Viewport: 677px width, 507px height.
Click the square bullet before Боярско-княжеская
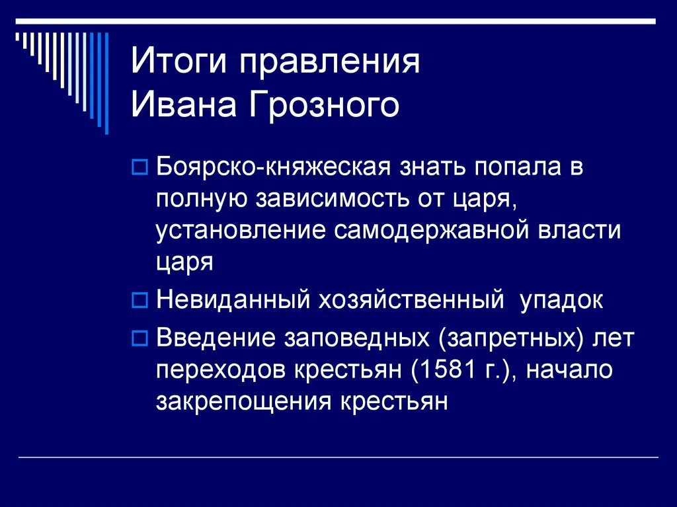click(139, 169)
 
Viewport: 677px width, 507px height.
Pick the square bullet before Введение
click(139, 338)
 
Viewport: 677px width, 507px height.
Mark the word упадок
click(561, 301)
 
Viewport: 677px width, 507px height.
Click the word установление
click(241, 231)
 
